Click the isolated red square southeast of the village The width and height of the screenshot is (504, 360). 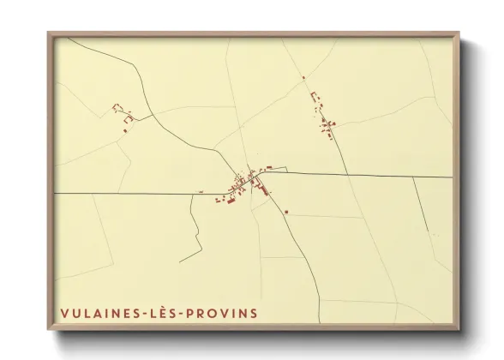click(x=287, y=212)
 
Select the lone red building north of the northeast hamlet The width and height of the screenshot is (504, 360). click(x=303, y=78)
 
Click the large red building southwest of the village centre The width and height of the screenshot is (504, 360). click(x=229, y=201)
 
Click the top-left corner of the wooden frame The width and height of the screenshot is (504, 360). click(x=48, y=32)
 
